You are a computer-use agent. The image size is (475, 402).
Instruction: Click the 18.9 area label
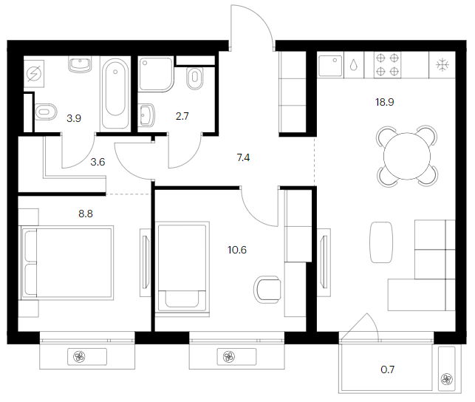pos(384,102)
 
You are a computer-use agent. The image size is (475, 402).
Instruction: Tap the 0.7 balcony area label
pos(387,369)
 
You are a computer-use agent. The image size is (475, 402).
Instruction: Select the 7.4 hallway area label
pos(243,157)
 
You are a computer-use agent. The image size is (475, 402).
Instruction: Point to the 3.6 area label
pos(98,162)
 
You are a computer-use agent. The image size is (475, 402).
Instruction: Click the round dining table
pos(407,156)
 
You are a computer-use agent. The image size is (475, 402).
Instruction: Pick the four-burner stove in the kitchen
pos(387,65)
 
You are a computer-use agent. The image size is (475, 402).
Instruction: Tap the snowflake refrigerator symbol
pos(442,65)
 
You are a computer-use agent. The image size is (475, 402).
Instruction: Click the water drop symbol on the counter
pos(354,65)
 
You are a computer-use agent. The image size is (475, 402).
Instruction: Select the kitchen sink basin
pos(329,66)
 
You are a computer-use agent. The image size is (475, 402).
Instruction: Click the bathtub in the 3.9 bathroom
pos(115,94)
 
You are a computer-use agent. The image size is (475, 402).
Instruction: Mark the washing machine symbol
pos(34,74)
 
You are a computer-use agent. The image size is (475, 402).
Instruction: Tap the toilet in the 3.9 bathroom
pos(46,112)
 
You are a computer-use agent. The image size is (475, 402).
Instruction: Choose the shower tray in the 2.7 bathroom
pos(157,74)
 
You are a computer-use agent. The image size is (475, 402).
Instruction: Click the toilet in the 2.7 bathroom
pos(195,78)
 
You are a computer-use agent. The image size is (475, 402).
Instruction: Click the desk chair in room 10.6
pos(267,290)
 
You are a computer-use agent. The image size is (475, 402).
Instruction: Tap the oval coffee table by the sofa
pos(381,242)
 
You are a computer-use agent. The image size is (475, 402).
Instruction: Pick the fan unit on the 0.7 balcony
pos(446,378)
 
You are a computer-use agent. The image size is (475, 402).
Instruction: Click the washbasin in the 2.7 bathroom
pos(146,115)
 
